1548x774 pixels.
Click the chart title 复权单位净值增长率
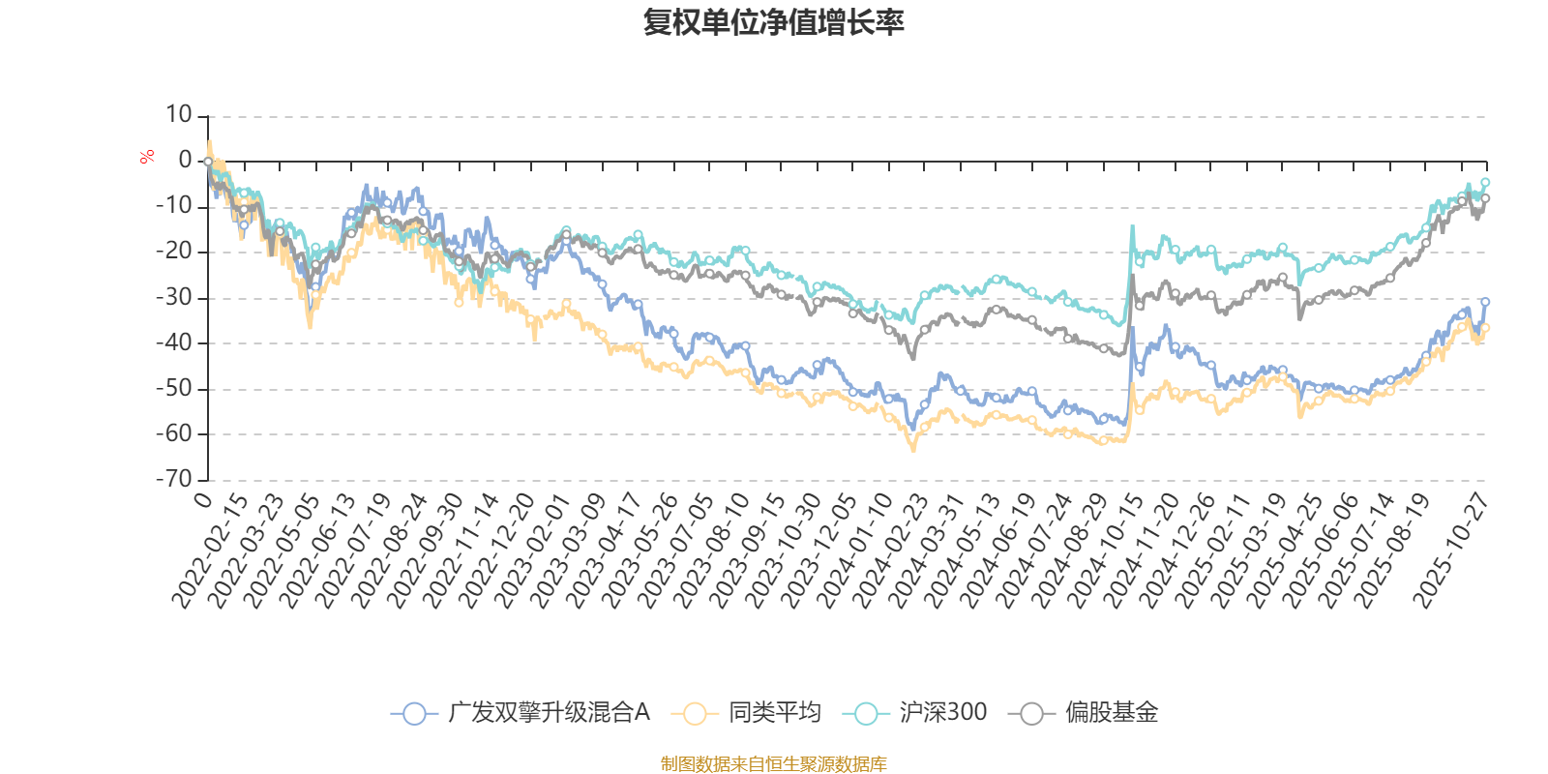pyautogui.click(x=774, y=22)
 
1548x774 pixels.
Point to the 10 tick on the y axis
pyautogui.click(x=179, y=115)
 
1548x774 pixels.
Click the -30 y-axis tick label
pyautogui.click(x=174, y=297)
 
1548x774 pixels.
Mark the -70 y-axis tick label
pyautogui.click(x=174, y=479)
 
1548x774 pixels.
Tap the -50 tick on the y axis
pyautogui.click(x=174, y=388)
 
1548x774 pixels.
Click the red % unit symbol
pyautogui.click(x=147, y=157)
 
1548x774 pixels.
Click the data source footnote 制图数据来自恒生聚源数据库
pyautogui.click(x=774, y=764)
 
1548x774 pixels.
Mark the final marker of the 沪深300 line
pyautogui.click(x=1485, y=182)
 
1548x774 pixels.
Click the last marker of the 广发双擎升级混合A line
pyautogui.click(x=1485, y=302)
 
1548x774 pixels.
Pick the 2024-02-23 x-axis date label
pyautogui.click(x=890, y=550)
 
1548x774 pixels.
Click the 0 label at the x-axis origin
pyautogui.click(x=202, y=499)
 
